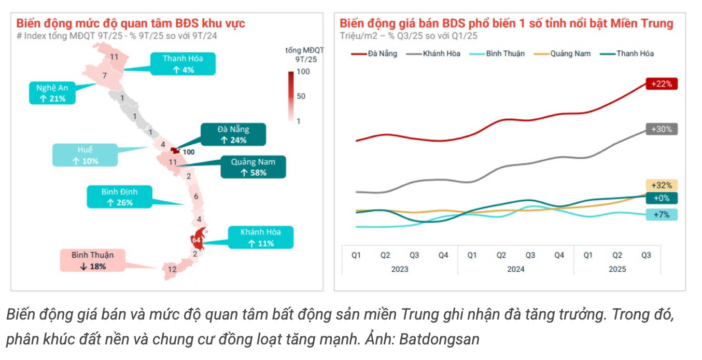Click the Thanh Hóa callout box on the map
click(182, 64)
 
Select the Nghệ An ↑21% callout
click(52, 93)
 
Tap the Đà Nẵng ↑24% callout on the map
click(233, 134)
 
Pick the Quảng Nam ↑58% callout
click(253, 167)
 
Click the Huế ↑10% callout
click(85, 155)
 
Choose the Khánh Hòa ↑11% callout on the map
click(260, 238)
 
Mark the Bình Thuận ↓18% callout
click(92, 260)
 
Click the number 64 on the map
click(196, 240)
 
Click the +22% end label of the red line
click(662, 84)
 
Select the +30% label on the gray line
click(662, 129)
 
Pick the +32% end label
click(662, 185)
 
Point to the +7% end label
click(662, 214)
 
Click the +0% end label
click(662, 198)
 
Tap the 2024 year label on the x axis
click(515, 269)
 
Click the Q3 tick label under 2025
click(646, 255)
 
